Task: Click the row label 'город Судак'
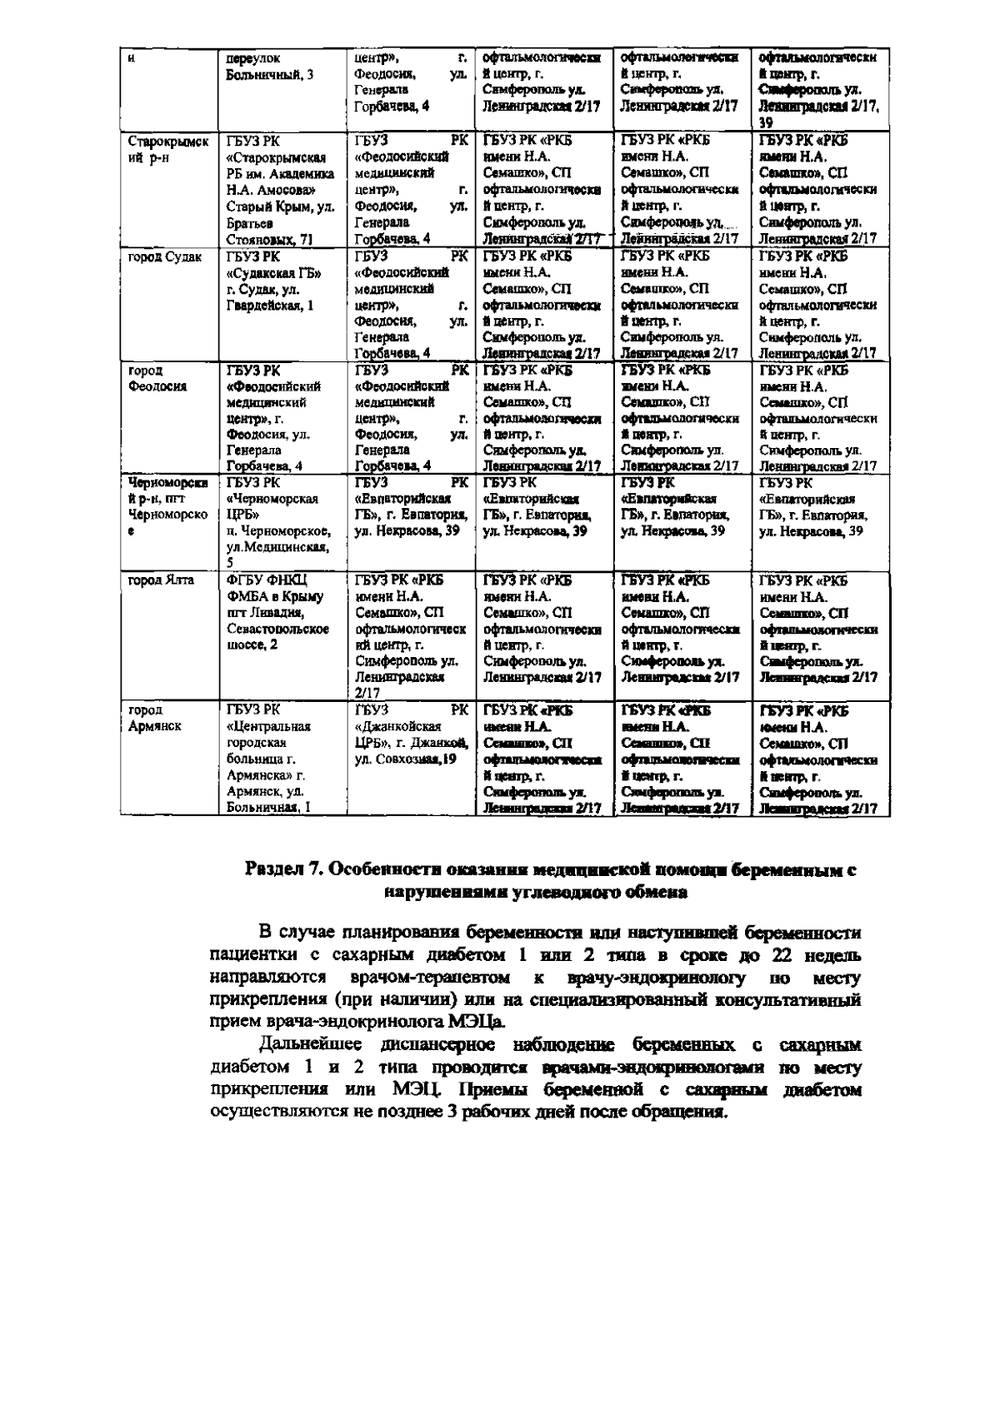[164, 257]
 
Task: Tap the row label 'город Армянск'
[155, 718]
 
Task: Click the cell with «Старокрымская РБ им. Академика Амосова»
[280, 190]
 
